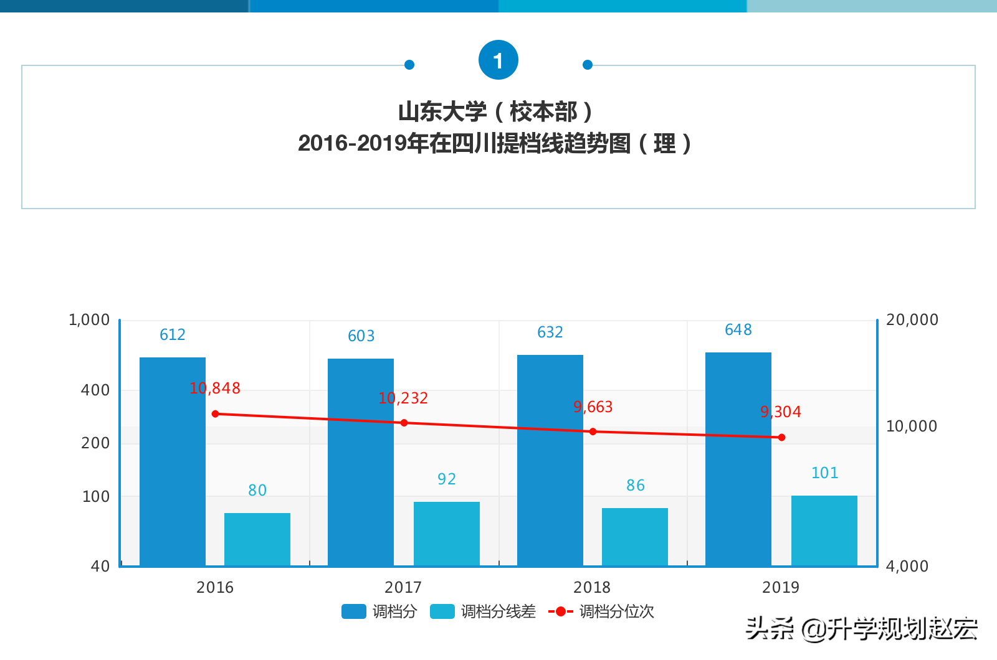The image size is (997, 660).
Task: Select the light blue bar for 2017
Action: click(447, 533)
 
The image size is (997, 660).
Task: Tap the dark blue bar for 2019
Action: click(738, 459)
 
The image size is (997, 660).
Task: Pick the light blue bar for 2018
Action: click(635, 536)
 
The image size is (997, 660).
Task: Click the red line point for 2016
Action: click(216, 414)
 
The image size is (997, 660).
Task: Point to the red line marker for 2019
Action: click(781, 437)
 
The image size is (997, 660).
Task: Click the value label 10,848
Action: click(215, 389)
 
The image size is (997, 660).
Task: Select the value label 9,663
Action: click(593, 407)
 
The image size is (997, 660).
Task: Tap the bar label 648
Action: click(738, 330)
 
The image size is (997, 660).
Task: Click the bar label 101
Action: click(824, 473)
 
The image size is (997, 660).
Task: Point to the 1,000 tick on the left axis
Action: click(89, 320)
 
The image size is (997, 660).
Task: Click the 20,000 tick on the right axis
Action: click(912, 320)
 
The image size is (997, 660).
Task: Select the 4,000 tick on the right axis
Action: click(907, 567)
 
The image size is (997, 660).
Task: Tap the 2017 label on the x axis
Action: click(403, 587)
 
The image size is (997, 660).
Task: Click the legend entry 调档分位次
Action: click(602, 611)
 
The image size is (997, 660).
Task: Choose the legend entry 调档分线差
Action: click(484, 611)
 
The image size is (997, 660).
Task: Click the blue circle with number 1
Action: click(499, 60)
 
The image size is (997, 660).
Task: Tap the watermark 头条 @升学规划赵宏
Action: click(862, 629)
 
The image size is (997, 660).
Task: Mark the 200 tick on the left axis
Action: click(95, 443)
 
